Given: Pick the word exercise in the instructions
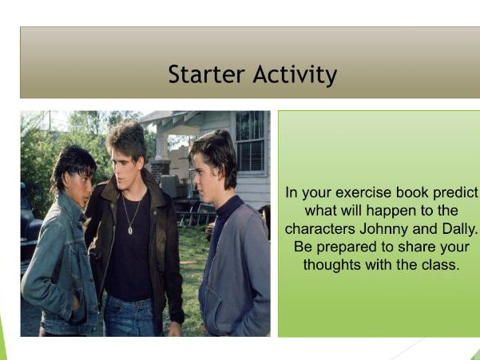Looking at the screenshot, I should pos(363,195).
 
